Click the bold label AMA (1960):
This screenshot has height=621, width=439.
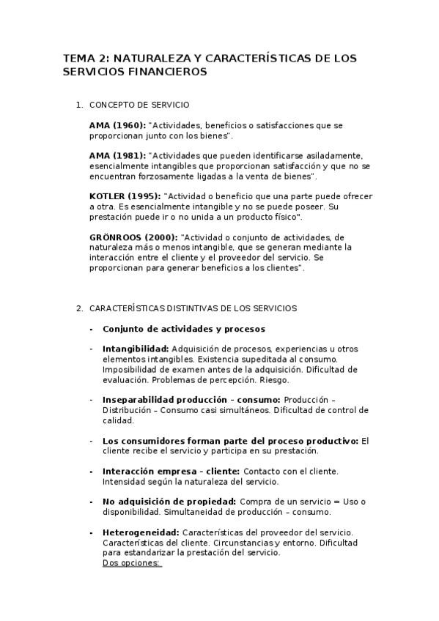pyautogui.click(x=117, y=126)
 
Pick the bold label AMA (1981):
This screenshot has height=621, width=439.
pyautogui.click(x=117, y=156)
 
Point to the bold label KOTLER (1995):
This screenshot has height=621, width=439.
pyautogui.click(x=125, y=197)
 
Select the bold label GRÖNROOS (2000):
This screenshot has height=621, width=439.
pyautogui.click(x=133, y=237)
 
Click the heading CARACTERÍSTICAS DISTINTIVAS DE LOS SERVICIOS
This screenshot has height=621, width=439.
pyautogui.click(x=193, y=308)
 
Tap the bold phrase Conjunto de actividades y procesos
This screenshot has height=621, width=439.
pyautogui.click(x=184, y=329)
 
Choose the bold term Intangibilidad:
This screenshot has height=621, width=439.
pyautogui.click(x=136, y=349)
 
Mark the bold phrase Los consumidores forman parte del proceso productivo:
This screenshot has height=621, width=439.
pyautogui.click(x=231, y=441)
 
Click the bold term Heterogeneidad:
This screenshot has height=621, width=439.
pyautogui.click(x=141, y=532)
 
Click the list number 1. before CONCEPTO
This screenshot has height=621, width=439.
pyautogui.click(x=79, y=105)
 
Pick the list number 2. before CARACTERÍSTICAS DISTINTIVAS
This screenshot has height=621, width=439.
pyautogui.click(x=79, y=308)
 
